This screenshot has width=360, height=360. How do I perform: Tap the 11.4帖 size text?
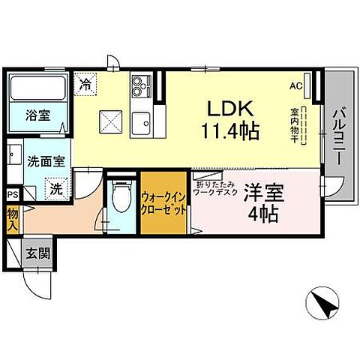point(229,132)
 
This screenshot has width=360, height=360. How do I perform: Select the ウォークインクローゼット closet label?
point(163,204)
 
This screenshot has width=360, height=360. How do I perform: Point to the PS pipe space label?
point(11,195)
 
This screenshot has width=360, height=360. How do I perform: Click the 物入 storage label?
point(12,217)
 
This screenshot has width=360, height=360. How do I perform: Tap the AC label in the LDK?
point(296,85)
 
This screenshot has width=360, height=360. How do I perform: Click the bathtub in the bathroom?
point(39,88)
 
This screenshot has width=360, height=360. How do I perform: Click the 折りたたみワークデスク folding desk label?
point(217,188)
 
